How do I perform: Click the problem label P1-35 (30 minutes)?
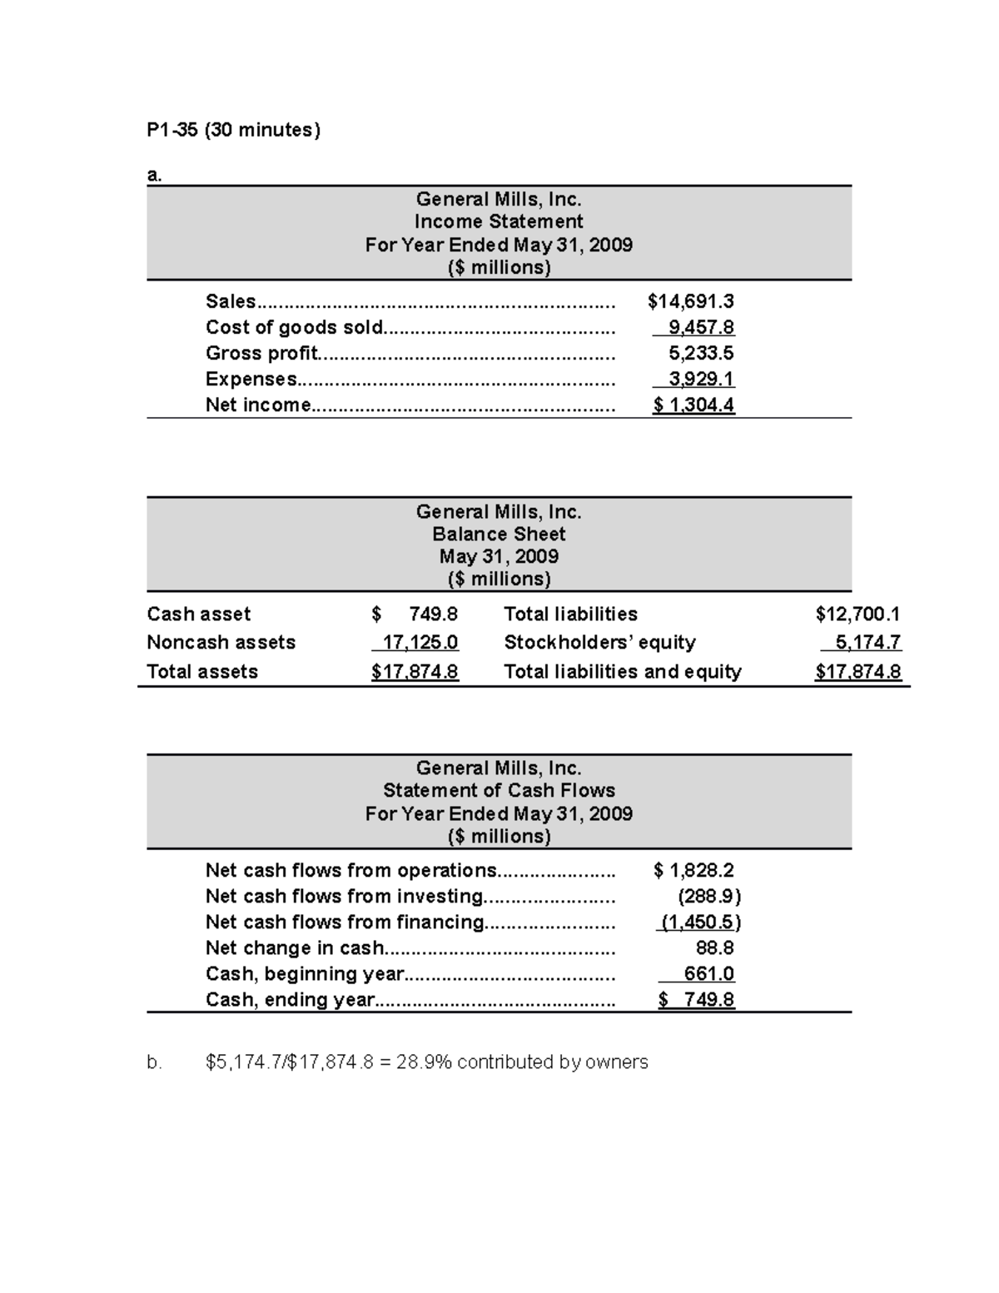[x=233, y=130]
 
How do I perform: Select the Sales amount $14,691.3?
[x=690, y=301]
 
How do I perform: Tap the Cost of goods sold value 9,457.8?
[x=701, y=327]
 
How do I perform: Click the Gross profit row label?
[x=261, y=353]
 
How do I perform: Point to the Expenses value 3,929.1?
[x=701, y=379]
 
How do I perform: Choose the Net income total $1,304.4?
[x=693, y=405]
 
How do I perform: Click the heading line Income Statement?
[x=499, y=221]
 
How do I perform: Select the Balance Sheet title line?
[x=499, y=534]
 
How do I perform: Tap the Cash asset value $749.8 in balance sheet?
[x=415, y=614]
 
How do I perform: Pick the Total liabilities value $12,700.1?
[x=857, y=614]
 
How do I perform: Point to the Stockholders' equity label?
[x=599, y=643]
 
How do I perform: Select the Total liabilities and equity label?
[x=622, y=672]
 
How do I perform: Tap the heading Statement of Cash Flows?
[x=499, y=790]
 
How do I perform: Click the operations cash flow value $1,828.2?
[x=693, y=871]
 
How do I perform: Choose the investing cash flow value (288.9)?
[x=708, y=897]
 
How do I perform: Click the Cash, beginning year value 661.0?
[x=708, y=974]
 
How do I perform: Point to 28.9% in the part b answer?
[x=425, y=1062]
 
